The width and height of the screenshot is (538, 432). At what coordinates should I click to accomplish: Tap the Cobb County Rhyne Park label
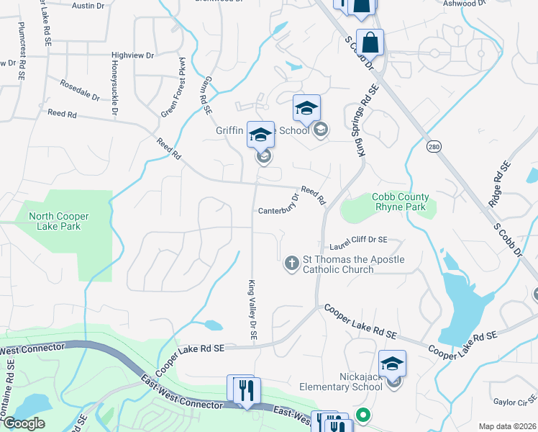[400, 202]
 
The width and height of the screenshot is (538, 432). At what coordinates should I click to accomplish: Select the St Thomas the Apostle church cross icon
[292, 264]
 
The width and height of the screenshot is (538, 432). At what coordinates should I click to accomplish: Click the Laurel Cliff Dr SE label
[354, 240]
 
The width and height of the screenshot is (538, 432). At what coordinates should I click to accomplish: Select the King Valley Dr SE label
[252, 311]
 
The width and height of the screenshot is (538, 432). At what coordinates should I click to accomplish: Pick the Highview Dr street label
[133, 55]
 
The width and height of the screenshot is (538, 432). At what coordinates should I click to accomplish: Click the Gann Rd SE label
[204, 96]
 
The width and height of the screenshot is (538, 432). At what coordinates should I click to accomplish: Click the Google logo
[24, 423]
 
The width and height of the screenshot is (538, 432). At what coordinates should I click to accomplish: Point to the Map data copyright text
[507, 426]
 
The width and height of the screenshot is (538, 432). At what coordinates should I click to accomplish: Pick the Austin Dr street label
[88, 5]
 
